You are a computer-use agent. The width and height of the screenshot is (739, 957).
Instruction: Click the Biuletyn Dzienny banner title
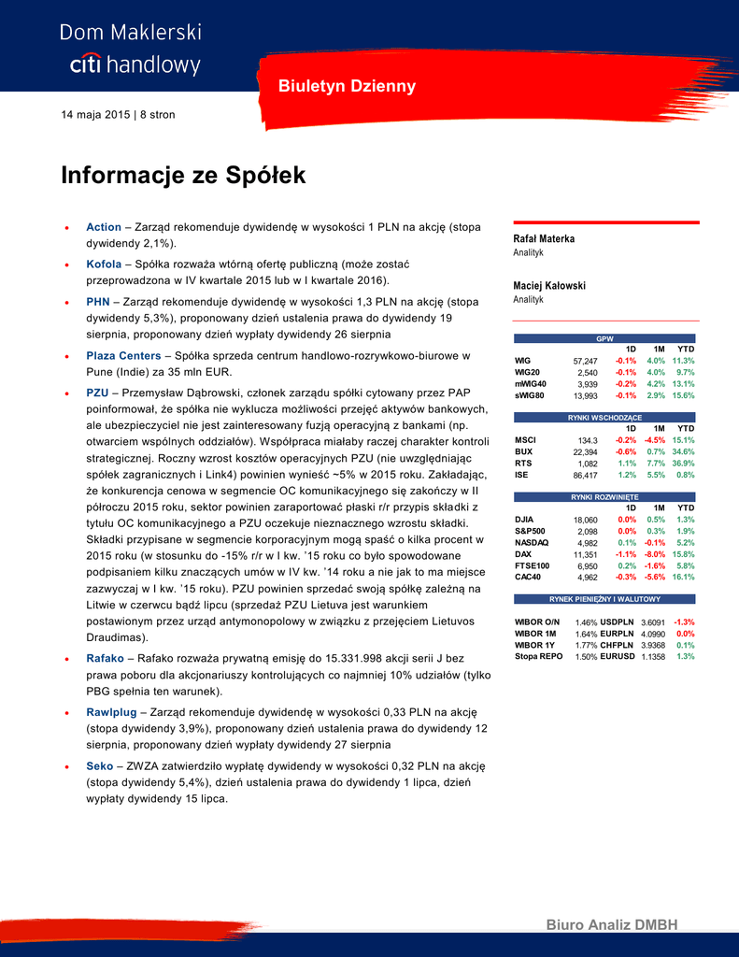(x=347, y=86)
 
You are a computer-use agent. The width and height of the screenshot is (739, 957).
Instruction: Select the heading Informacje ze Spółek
(x=183, y=176)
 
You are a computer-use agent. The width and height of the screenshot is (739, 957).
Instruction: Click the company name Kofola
(x=104, y=264)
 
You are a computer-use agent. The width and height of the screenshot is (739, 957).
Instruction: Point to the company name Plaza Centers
(x=125, y=356)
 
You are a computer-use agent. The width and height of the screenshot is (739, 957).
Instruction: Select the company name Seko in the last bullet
(x=99, y=765)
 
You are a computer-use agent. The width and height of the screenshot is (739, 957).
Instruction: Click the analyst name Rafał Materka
(x=544, y=239)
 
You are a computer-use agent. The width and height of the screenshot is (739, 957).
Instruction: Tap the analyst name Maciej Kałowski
(x=549, y=286)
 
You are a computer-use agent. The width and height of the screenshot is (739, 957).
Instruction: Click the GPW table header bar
(x=605, y=337)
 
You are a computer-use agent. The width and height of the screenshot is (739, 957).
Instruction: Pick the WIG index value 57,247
(x=584, y=360)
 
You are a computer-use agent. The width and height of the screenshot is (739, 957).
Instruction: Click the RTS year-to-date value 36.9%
(x=683, y=463)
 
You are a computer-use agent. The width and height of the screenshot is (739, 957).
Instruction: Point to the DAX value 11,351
(x=584, y=553)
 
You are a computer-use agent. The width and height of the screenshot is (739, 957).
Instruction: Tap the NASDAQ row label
(x=532, y=542)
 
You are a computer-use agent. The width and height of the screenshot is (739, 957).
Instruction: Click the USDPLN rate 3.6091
(x=653, y=622)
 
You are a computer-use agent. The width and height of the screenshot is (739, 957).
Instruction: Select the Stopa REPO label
(x=538, y=657)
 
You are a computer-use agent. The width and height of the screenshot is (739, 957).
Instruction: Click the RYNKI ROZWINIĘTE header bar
(x=605, y=497)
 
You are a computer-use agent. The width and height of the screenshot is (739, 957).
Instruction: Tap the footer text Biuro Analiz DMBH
(x=611, y=925)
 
